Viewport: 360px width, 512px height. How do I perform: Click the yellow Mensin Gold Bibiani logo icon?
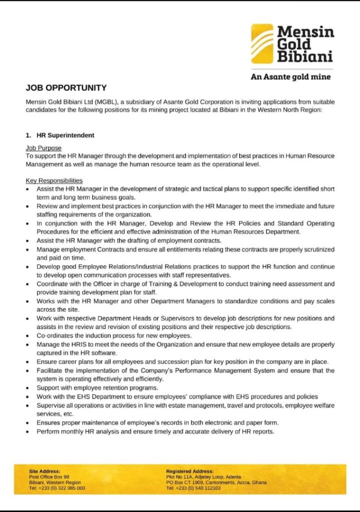(x=262, y=44)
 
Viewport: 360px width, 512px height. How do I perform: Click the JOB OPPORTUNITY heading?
(x=66, y=87)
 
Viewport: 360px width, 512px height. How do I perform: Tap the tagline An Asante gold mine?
(x=290, y=76)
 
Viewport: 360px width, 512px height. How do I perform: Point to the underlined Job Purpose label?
(x=43, y=148)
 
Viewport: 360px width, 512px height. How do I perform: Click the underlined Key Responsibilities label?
(x=54, y=180)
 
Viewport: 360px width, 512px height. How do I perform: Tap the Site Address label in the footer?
(x=44, y=471)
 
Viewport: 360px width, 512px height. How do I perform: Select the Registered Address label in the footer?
(x=189, y=471)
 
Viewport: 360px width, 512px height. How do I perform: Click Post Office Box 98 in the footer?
(x=49, y=477)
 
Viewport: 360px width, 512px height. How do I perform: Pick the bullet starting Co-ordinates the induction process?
(x=114, y=335)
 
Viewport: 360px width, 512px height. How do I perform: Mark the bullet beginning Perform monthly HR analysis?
(x=155, y=431)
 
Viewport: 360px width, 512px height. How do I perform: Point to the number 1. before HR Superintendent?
(x=28, y=135)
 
